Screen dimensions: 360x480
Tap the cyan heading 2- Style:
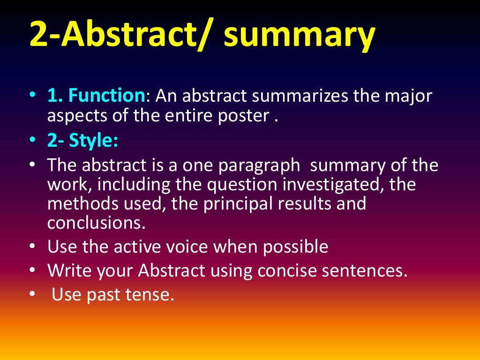coord(82,141)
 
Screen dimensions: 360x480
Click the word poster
coord(242,116)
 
